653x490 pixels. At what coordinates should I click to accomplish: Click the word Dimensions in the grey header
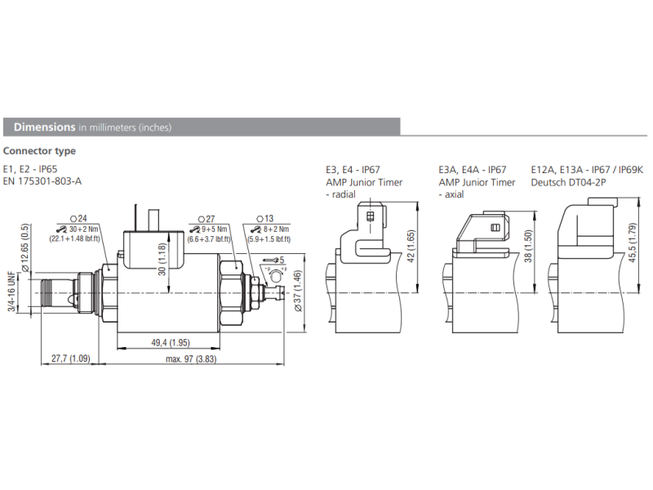(x=45, y=127)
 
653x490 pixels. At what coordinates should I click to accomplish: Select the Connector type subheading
(x=39, y=151)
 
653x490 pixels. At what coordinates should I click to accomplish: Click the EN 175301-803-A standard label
(x=42, y=181)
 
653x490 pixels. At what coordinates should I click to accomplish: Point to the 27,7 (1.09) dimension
(x=70, y=358)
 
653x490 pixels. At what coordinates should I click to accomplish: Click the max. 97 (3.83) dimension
(x=191, y=358)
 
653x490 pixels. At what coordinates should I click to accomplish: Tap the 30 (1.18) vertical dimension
(x=162, y=259)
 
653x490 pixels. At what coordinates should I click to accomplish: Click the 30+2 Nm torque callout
(x=76, y=229)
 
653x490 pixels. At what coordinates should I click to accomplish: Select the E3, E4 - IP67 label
(x=353, y=169)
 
